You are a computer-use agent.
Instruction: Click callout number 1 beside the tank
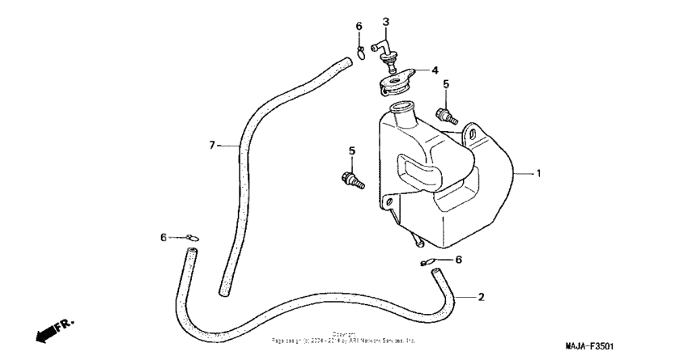[538, 173]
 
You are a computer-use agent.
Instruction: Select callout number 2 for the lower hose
[481, 297]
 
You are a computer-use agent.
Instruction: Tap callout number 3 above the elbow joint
[386, 22]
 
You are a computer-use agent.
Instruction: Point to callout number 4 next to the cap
[434, 70]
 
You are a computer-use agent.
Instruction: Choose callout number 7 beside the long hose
[213, 146]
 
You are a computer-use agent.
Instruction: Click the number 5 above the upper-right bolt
[445, 83]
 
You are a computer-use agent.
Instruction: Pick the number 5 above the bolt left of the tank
[351, 150]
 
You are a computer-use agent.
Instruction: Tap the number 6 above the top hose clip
[359, 28]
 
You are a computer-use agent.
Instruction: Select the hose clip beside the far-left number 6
[190, 237]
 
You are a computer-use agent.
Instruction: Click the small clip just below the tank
[427, 262]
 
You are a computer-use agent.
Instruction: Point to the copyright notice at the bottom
[344, 338]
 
